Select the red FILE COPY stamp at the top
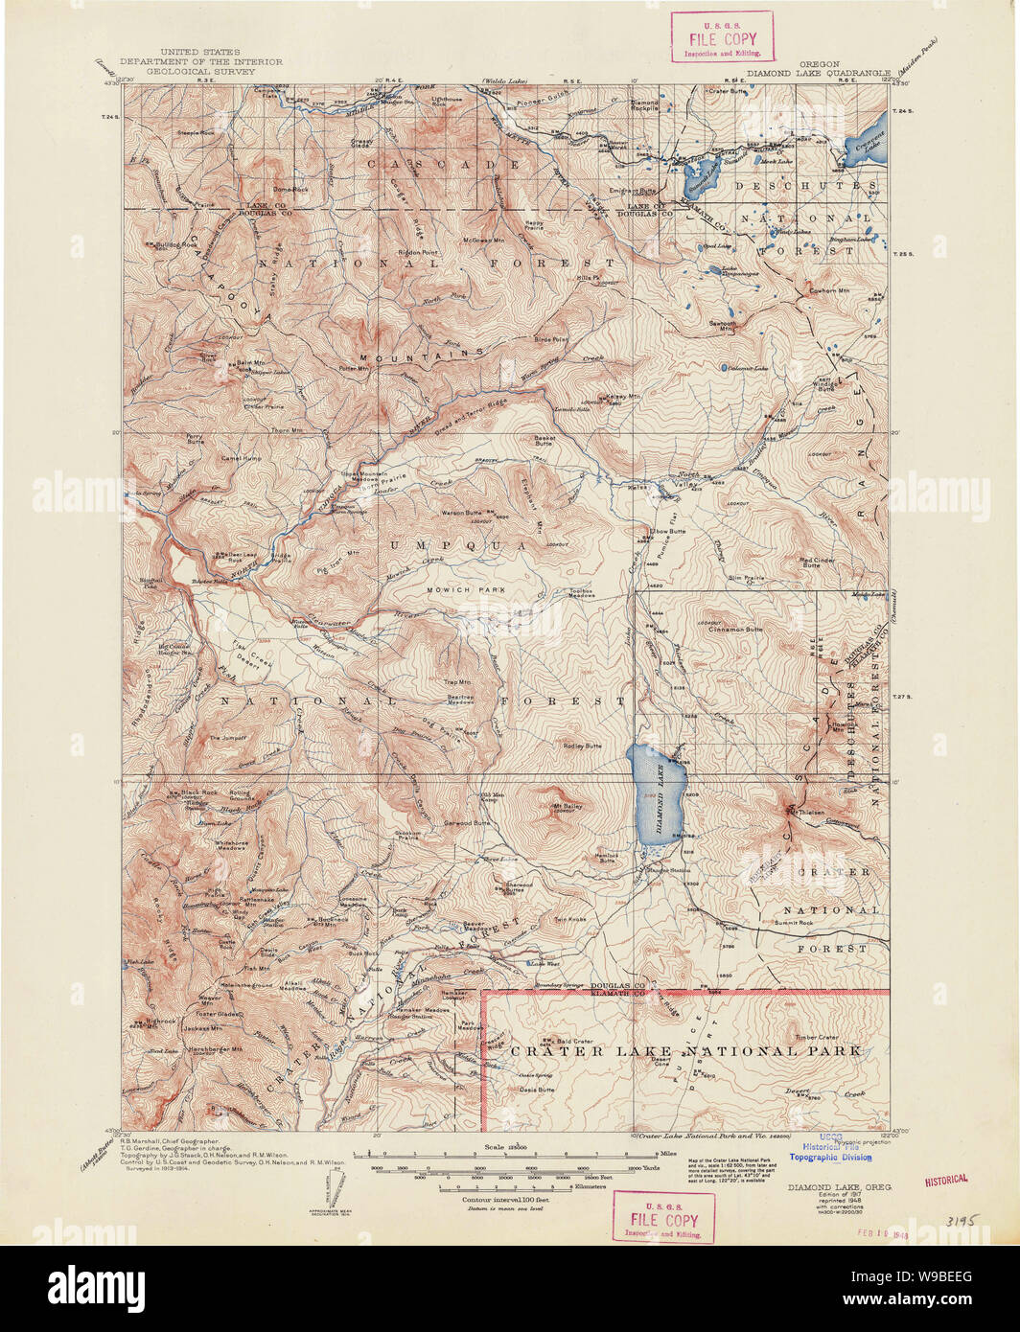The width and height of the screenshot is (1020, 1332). coord(725,36)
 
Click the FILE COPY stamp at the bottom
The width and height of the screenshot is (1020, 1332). coord(663,1217)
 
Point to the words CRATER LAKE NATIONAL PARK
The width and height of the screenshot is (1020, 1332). coord(685,1051)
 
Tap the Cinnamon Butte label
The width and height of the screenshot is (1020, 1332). coord(735,630)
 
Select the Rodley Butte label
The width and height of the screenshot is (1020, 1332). coord(582,746)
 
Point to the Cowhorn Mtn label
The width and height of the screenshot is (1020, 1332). coord(828,289)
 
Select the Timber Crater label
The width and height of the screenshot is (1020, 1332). coord(816,1037)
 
